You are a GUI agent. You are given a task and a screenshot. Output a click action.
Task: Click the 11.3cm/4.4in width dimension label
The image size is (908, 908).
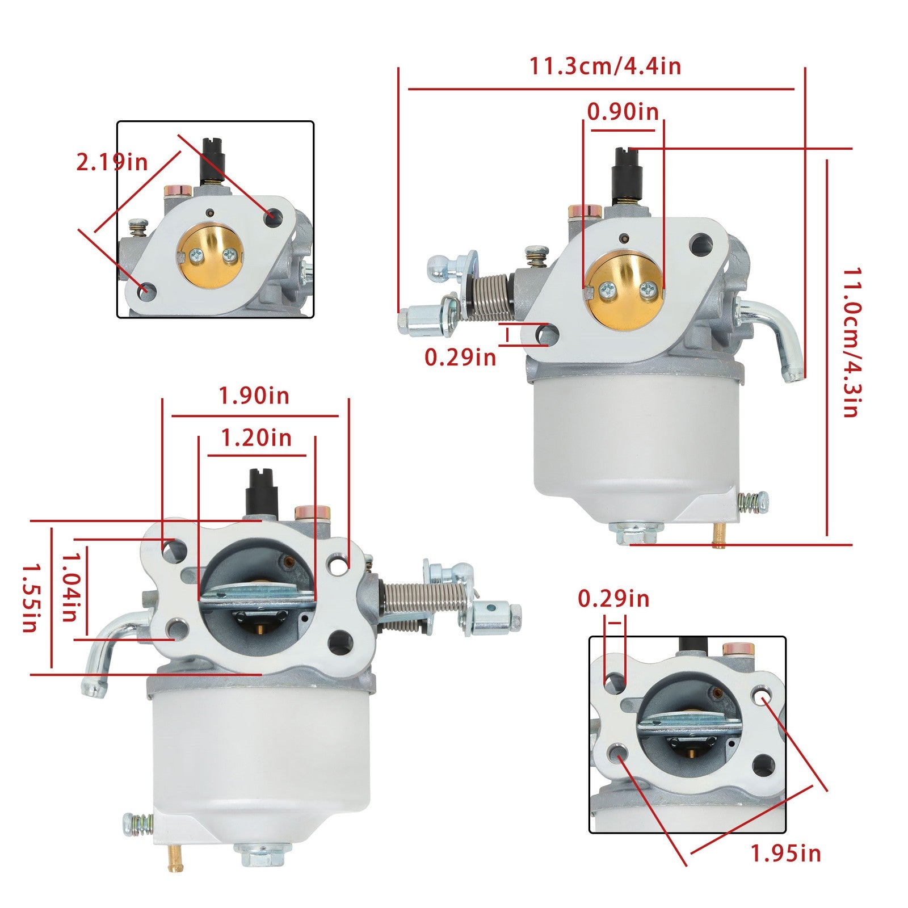click(x=605, y=66)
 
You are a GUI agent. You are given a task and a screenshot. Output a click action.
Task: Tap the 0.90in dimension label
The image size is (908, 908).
click(x=623, y=112)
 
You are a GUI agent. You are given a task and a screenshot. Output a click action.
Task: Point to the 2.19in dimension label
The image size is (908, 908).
click(x=112, y=163)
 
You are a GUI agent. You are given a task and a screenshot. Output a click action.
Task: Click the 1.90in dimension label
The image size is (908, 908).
click(x=254, y=396)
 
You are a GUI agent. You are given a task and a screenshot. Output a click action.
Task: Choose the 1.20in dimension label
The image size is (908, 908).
click(x=256, y=438)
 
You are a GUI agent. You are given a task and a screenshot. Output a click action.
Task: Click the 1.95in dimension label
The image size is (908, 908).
click(x=786, y=853)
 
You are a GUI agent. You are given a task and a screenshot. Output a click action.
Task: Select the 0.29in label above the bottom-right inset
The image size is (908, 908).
click(x=613, y=599)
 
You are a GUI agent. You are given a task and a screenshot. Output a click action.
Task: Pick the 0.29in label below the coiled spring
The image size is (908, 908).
click(x=460, y=357)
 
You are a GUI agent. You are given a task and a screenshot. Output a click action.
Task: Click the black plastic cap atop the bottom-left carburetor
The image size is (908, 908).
click(x=262, y=492)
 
